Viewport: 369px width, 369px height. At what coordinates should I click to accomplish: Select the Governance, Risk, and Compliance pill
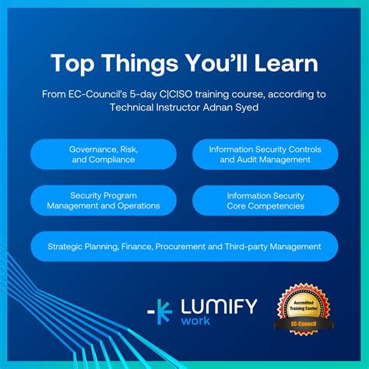(x=103, y=153)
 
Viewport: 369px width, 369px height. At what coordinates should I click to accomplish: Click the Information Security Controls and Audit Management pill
(x=265, y=153)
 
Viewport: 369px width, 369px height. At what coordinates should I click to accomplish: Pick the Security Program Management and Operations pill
(x=103, y=200)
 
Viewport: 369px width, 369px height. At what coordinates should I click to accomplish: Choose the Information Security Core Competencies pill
(x=265, y=200)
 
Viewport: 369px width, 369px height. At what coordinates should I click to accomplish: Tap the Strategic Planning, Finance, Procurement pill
(x=184, y=246)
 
